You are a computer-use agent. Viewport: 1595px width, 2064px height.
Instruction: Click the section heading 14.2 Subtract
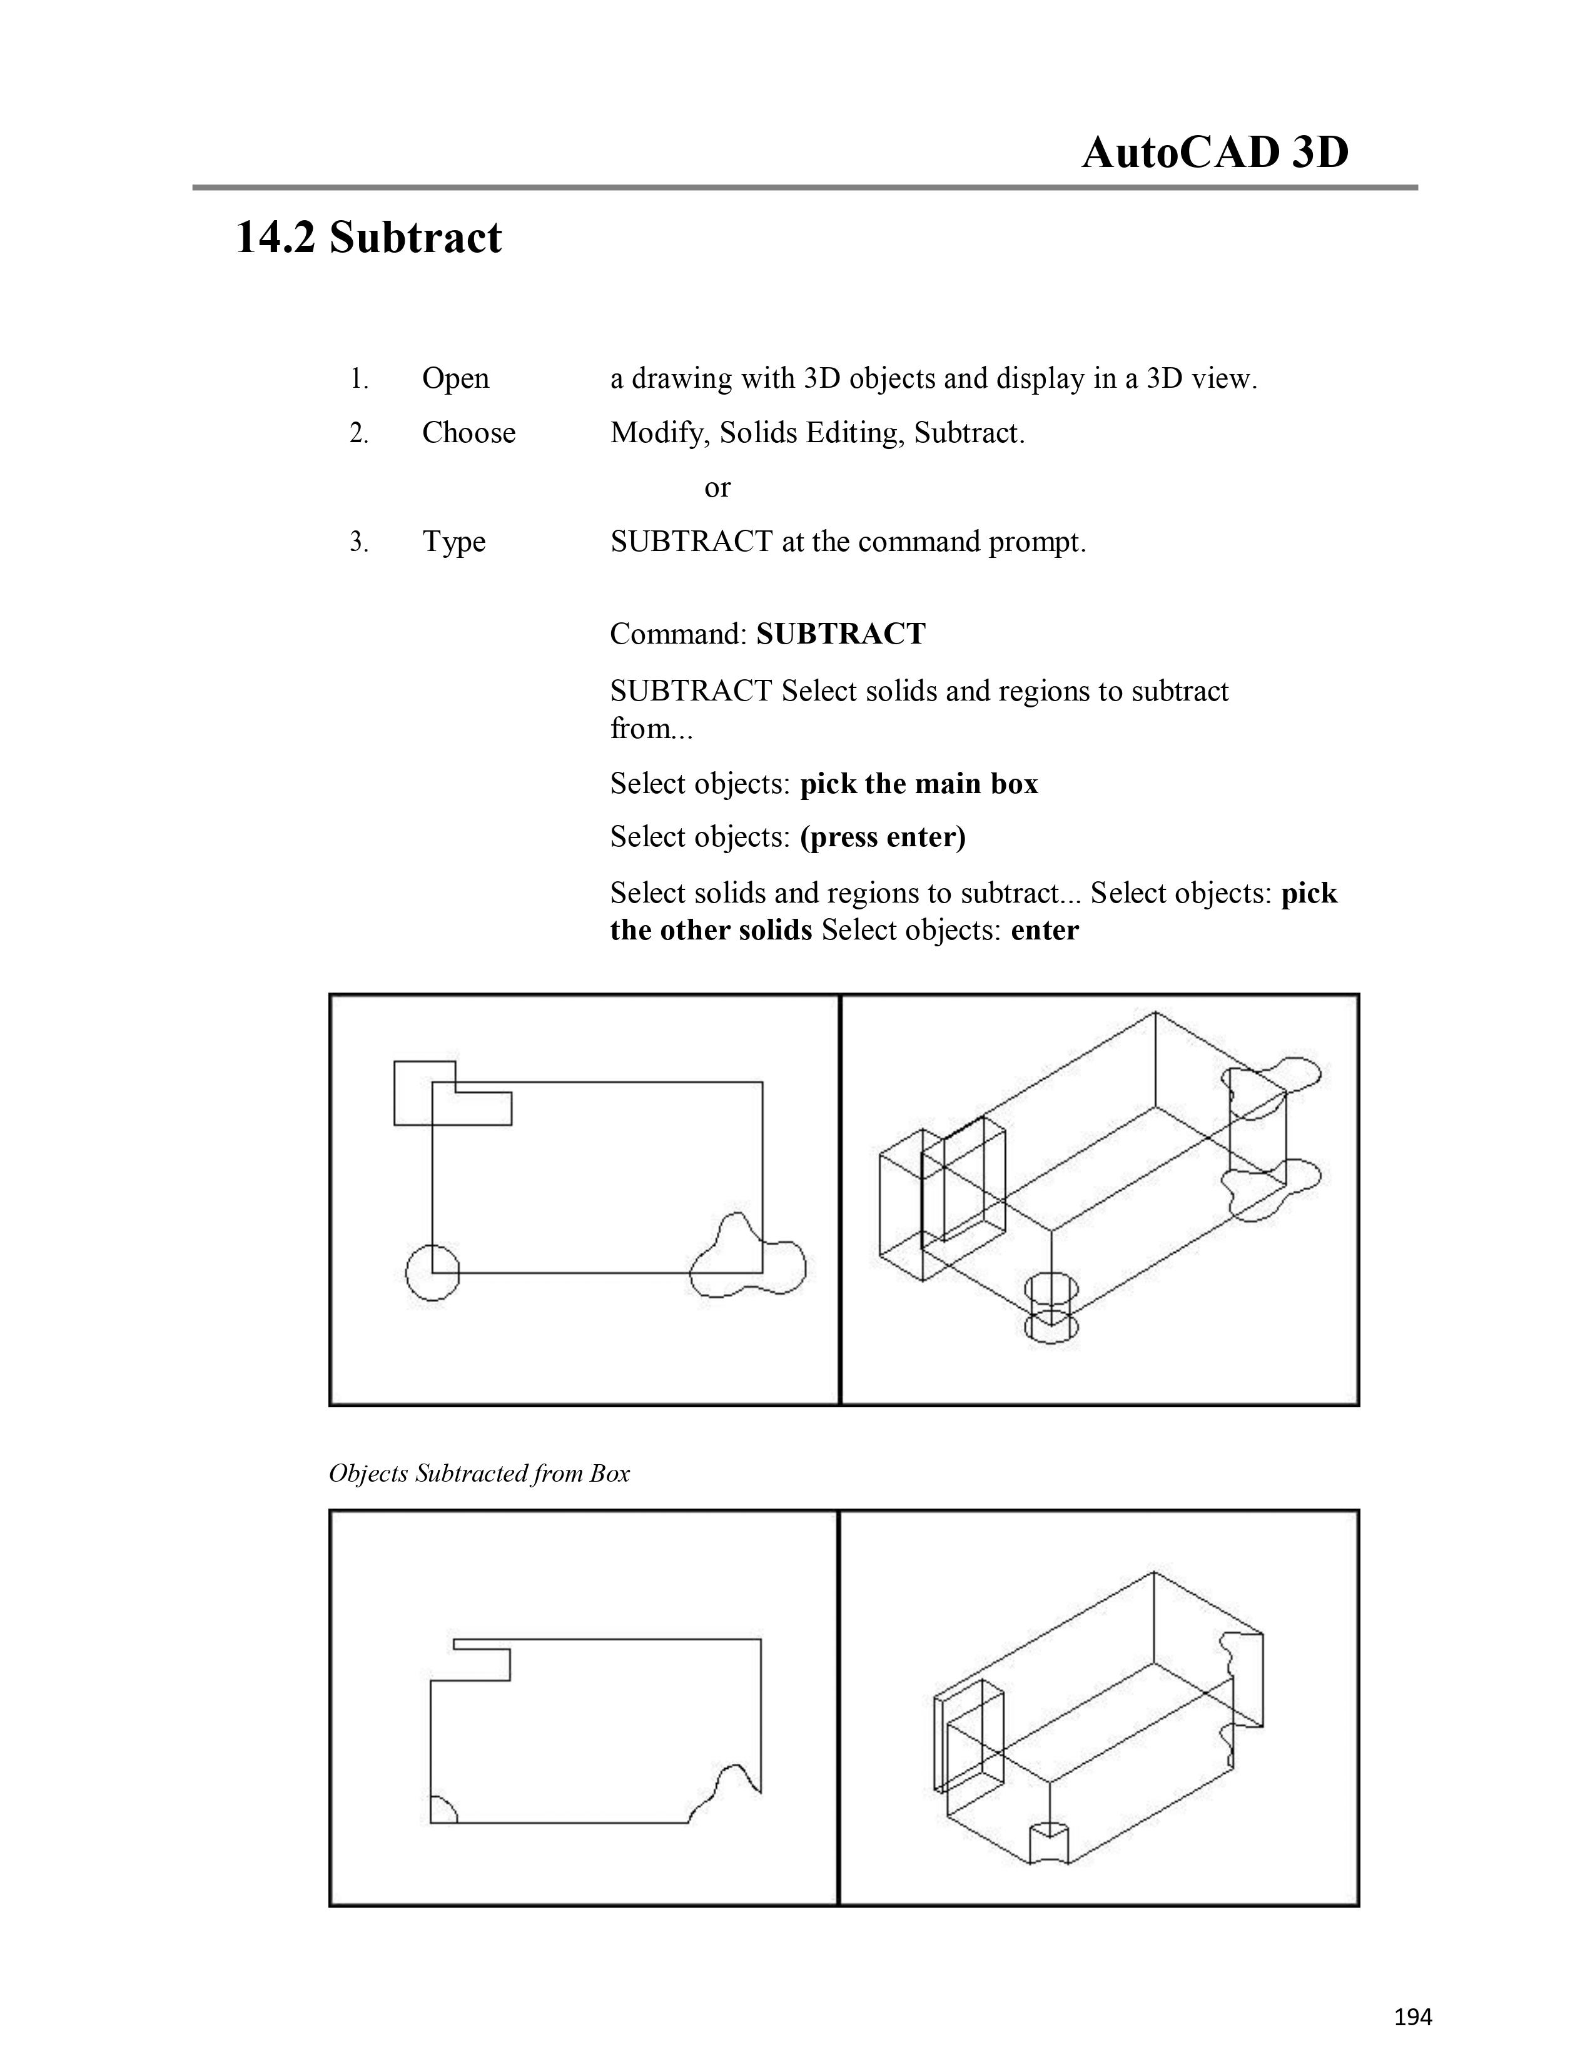click(368, 237)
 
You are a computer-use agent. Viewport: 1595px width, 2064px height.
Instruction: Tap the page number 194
click(1412, 2016)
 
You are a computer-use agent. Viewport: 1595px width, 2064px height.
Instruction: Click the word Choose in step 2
click(468, 433)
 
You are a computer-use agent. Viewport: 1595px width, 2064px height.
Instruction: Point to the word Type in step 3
click(453, 542)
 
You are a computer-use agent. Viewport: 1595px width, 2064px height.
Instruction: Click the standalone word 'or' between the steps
click(717, 488)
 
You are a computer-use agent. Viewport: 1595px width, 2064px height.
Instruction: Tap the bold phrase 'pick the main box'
click(918, 784)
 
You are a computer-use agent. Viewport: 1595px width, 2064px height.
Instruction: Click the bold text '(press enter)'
click(883, 838)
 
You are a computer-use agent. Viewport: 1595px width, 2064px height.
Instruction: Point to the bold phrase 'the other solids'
click(711, 931)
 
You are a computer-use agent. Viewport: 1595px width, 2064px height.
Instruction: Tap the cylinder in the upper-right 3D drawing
click(1051, 1307)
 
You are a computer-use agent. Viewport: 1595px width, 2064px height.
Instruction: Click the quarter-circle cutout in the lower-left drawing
click(441, 1811)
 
